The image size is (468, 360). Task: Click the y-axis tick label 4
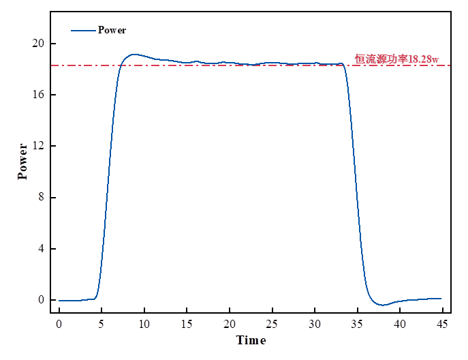pyautogui.click(x=42, y=249)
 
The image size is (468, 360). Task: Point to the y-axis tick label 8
pyautogui.click(x=42, y=198)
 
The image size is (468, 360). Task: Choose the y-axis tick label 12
pyautogui.click(x=40, y=146)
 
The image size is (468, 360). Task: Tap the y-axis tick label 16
pyautogui.click(x=40, y=95)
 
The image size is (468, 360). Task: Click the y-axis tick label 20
pyautogui.click(x=40, y=44)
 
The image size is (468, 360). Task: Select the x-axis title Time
pyautogui.click(x=251, y=340)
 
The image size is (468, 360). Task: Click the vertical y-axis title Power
pyautogui.click(x=23, y=161)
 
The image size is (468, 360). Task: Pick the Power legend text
pyautogui.click(x=112, y=30)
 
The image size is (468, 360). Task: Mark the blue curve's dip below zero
pyautogui.click(x=383, y=305)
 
